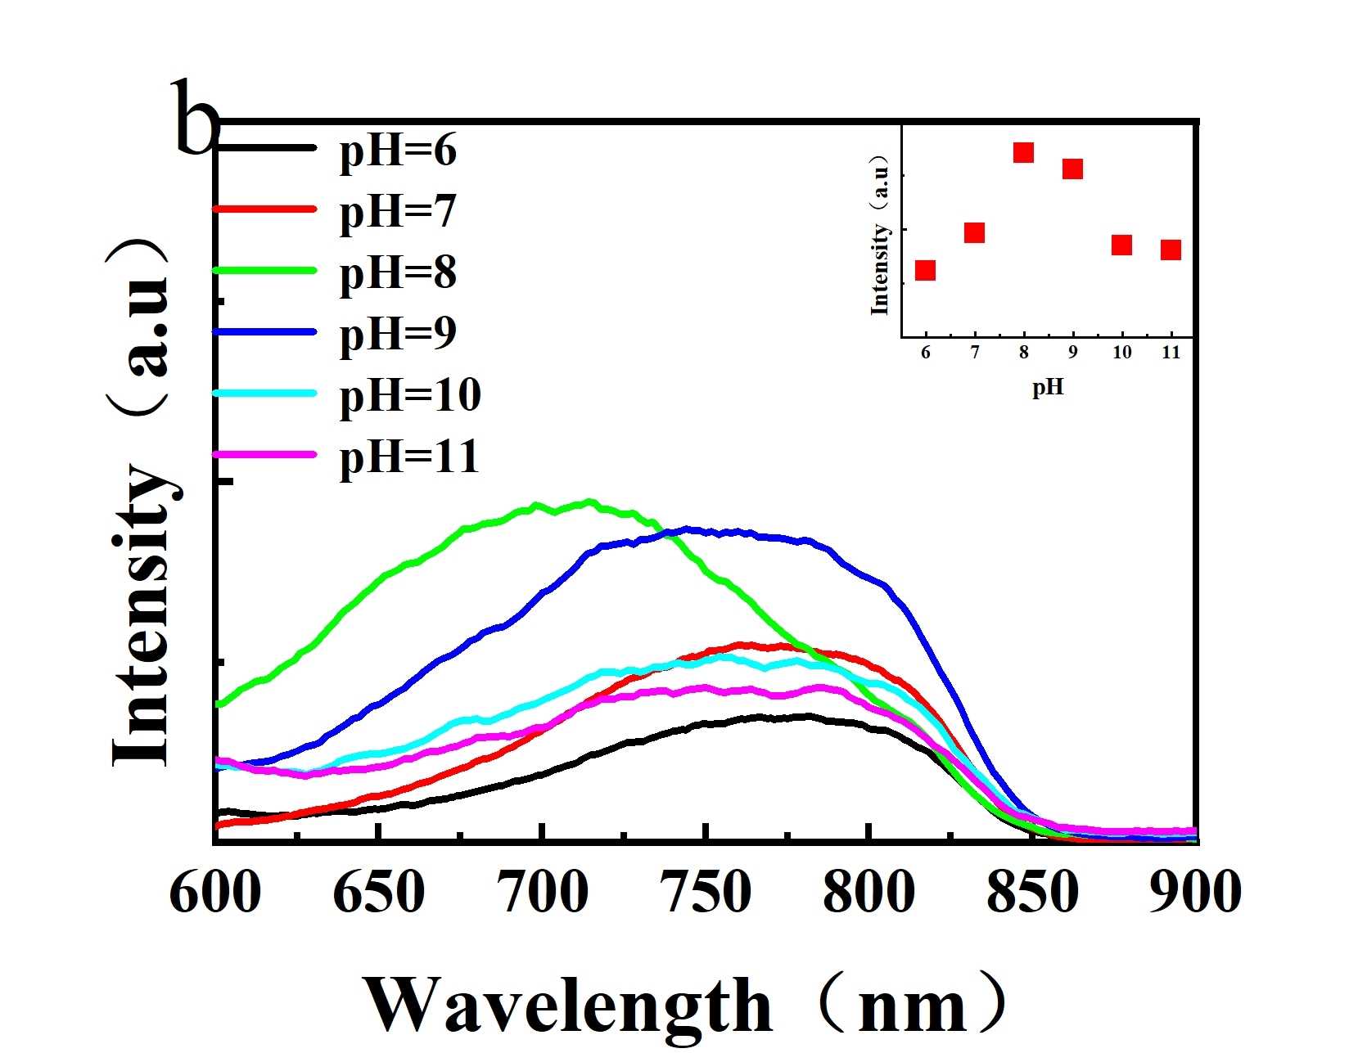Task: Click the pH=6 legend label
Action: click(398, 151)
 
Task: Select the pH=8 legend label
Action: click(398, 272)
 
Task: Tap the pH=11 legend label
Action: click(409, 457)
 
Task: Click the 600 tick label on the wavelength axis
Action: click(215, 892)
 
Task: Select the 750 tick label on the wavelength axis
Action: click(706, 892)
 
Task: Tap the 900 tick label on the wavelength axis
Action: click(1195, 892)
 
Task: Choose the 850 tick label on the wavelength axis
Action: click(1032, 892)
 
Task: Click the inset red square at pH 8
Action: click(1023, 152)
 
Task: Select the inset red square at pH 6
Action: click(925, 270)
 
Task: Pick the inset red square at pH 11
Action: click(1171, 250)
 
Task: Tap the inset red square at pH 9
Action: click(1072, 169)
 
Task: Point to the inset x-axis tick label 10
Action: click(1121, 352)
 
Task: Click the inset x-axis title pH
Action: click(1048, 387)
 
